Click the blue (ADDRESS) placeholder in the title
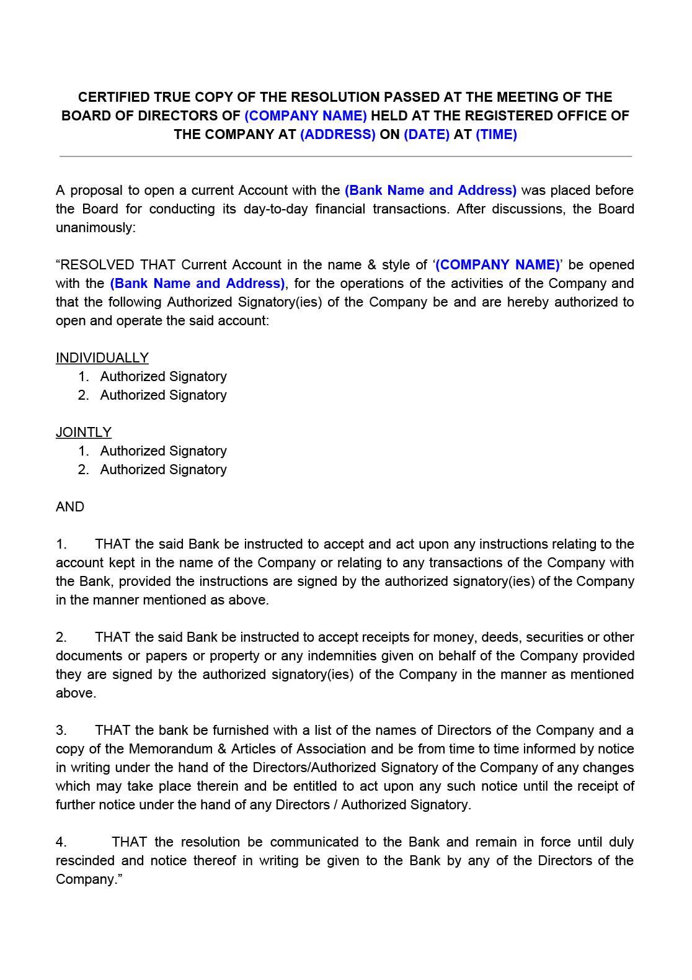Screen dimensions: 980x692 (x=337, y=135)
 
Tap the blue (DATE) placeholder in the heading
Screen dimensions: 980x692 (x=426, y=135)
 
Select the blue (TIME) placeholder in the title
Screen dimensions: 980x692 (x=495, y=135)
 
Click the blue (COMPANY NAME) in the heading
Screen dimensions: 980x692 (x=305, y=116)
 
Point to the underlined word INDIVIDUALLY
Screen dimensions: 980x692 (x=102, y=358)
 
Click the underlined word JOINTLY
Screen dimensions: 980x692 (x=84, y=433)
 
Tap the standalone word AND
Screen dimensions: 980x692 (x=70, y=507)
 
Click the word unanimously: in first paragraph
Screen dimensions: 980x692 (x=95, y=228)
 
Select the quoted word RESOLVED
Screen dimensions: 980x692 (x=97, y=265)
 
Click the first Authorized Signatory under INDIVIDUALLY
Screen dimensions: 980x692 (x=163, y=377)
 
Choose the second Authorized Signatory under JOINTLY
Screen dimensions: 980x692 (x=163, y=470)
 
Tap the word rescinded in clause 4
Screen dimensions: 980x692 (x=85, y=861)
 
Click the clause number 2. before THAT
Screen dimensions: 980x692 (x=61, y=637)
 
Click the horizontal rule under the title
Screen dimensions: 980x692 (x=345, y=156)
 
